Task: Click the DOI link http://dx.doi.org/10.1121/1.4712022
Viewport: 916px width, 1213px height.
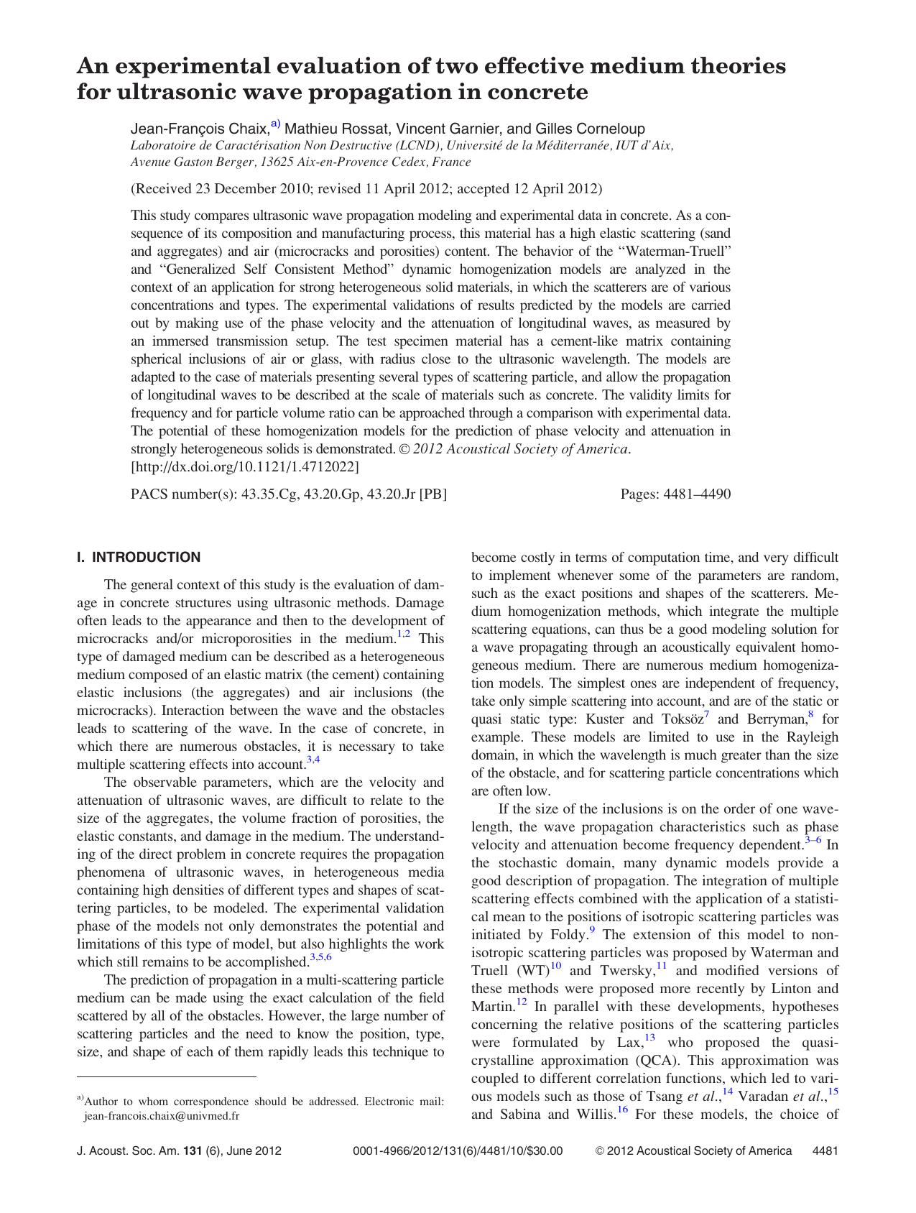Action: (244, 467)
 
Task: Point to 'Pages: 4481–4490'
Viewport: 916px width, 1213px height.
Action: (675, 494)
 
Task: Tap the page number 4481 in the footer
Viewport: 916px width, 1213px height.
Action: (825, 1150)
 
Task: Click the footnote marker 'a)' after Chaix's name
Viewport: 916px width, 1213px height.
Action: (277, 125)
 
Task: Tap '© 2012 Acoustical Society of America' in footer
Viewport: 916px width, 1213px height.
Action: (693, 1150)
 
